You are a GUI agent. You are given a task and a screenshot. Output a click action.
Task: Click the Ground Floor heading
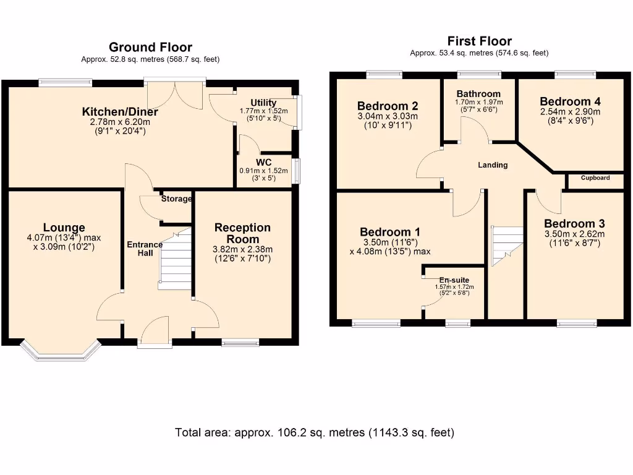150,47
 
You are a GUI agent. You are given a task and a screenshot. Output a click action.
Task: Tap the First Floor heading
479,41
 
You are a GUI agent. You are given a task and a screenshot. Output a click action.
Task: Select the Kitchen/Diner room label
120,111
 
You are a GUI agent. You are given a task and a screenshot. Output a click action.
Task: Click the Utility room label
263,103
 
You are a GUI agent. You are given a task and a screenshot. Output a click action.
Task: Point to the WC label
263,163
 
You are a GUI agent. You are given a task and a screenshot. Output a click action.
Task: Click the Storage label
176,199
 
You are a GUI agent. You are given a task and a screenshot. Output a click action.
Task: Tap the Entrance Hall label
145,249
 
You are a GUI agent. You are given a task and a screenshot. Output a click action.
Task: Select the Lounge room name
64,228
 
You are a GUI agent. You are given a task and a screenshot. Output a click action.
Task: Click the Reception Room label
242,233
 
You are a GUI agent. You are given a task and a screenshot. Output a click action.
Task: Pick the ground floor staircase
175,259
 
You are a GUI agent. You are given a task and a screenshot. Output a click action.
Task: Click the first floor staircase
507,246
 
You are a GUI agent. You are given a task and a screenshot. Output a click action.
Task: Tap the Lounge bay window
61,350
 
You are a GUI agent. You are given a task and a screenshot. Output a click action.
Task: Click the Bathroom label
479,94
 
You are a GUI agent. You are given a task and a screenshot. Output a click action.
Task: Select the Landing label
493,165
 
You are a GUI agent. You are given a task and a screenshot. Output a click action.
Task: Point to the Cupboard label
595,178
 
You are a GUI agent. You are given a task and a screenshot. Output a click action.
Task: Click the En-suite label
454,280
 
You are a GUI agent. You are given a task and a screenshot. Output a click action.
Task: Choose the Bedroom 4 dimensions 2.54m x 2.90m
570,111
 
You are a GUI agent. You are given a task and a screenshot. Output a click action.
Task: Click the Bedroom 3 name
574,223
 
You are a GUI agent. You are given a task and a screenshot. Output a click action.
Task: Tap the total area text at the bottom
315,432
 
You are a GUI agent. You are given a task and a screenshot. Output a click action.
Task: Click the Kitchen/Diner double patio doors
175,94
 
